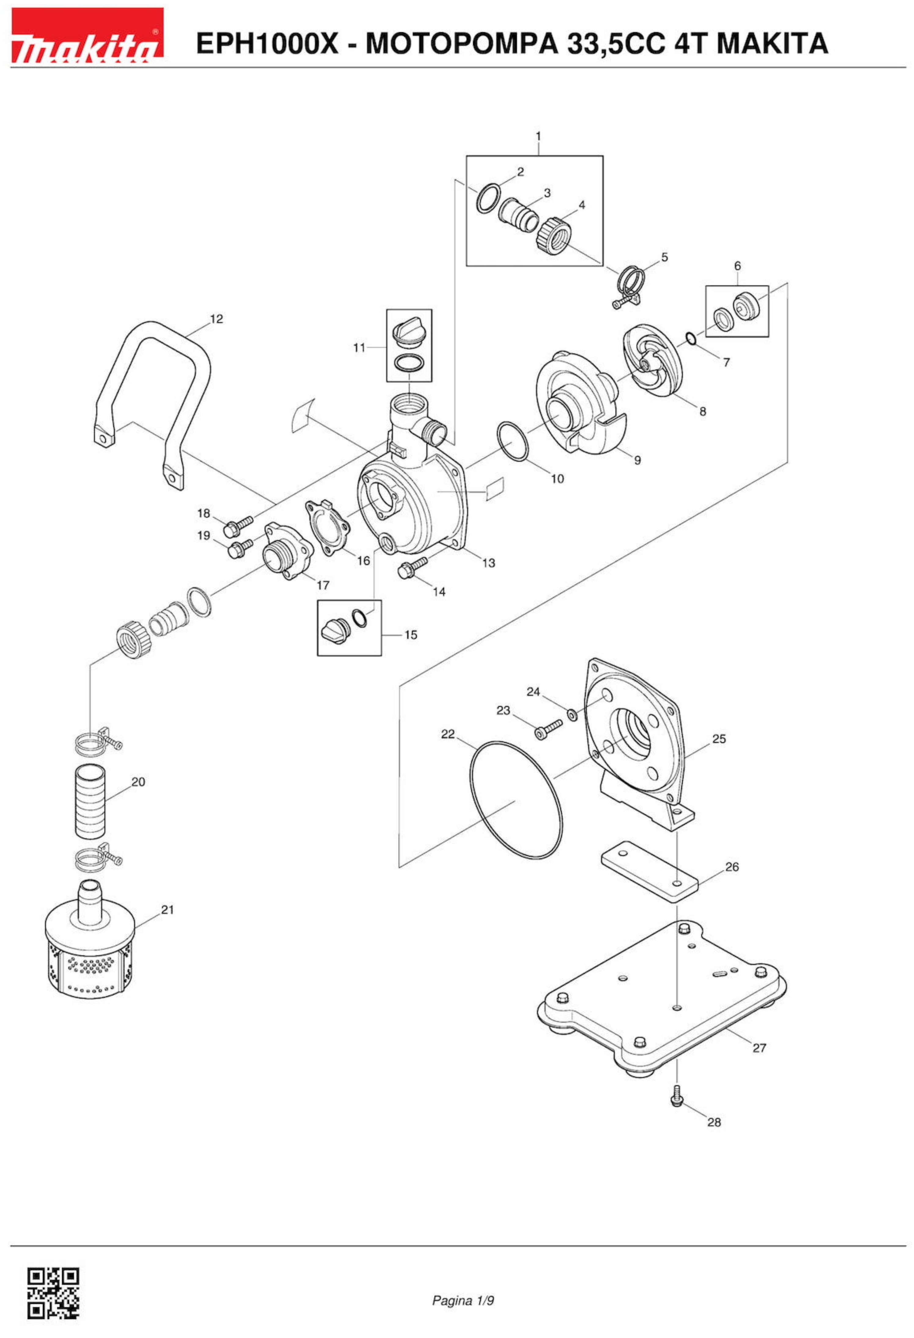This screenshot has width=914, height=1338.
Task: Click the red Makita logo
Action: pyautogui.click(x=87, y=36)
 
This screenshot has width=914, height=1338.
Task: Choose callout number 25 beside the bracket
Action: pyautogui.click(x=719, y=739)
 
